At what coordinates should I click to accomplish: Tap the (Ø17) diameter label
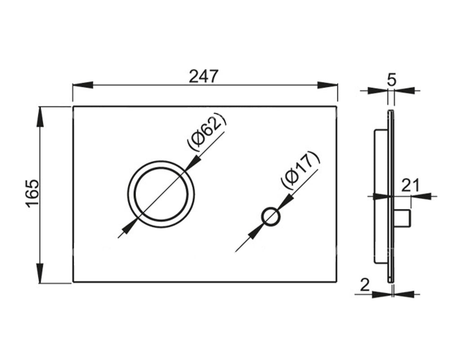[300, 169]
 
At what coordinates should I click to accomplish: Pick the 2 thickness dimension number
[365, 285]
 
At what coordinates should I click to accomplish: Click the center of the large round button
[161, 193]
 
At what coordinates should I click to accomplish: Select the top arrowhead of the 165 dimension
[40, 116]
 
